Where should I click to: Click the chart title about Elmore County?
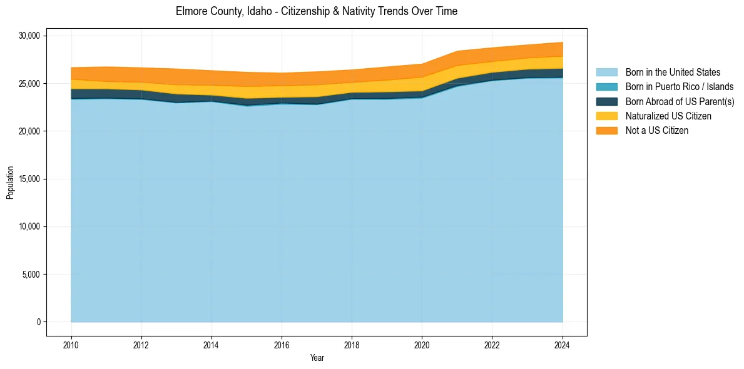click(x=316, y=11)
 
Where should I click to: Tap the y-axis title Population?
click(x=10, y=183)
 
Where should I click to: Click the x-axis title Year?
click(x=317, y=358)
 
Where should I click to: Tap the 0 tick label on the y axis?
click(x=38, y=322)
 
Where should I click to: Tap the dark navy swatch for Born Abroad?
click(x=606, y=101)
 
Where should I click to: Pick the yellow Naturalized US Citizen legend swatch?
click(x=606, y=116)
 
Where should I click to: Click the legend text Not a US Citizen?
click(x=656, y=130)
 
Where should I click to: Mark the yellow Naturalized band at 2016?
click(x=282, y=91)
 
